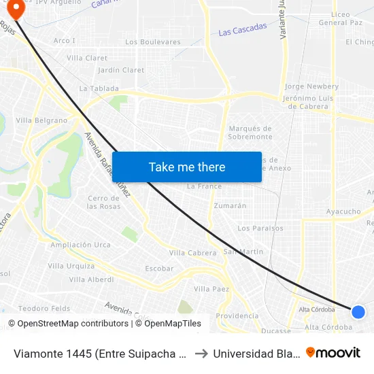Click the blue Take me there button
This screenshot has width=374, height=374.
click(x=187, y=167)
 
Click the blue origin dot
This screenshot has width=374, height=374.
click(x=358, y=311)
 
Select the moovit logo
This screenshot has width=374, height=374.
click(x=333, y=352)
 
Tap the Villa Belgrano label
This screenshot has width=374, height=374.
click(x=41, y=120)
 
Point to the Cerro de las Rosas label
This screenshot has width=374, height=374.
click(x=104, y=202)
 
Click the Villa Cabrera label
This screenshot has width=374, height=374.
click(x=192, y=252)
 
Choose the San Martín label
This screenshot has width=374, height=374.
click(x=243, y=252)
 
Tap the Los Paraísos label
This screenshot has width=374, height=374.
click(x=260, y=228)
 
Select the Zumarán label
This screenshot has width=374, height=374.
click(x=230, y=205)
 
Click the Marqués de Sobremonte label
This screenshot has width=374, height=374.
click(x=250, y=133)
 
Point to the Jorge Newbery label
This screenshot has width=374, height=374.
click(x=311, y=86)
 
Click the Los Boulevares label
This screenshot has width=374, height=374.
click(x=153, y=41)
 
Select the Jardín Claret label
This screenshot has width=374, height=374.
click(x=121, y=70)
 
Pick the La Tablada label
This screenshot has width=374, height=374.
click(x=99, y=88)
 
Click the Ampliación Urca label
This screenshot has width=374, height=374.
click(x=80, y=245)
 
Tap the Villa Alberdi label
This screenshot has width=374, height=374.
click(x=91, y=279)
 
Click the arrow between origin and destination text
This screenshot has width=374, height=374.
click(x=201, y=354)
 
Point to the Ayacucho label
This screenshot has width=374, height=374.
click(x=343, y=211)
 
